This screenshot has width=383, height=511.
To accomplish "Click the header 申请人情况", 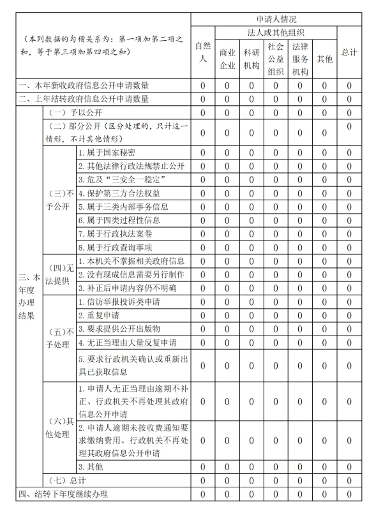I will click(x=276, y=20).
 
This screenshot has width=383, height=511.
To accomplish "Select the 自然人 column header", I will click(x=202, y=52).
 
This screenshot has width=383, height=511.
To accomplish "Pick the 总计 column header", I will click(x=349, y=52).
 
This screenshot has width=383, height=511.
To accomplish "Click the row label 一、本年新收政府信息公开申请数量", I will click(x=84, y=85).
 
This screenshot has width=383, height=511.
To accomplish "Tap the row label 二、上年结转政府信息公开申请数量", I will click(x=84, y=99).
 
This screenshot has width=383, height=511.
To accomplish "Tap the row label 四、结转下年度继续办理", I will click(x=64, y=494).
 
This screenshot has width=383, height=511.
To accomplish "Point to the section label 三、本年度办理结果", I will click(x=29, y=296).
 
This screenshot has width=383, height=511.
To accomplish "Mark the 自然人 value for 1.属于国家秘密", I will click(x=202, y=152).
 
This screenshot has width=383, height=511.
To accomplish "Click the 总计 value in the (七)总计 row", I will click(x=349, y=480).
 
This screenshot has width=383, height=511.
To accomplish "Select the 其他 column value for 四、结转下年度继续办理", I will click(x=324, y=494).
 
